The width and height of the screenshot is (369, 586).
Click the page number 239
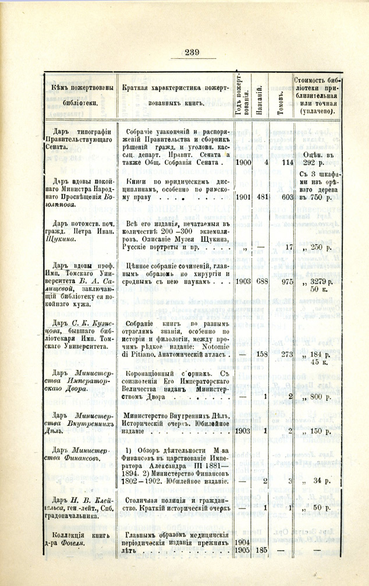[x=184, y=52]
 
